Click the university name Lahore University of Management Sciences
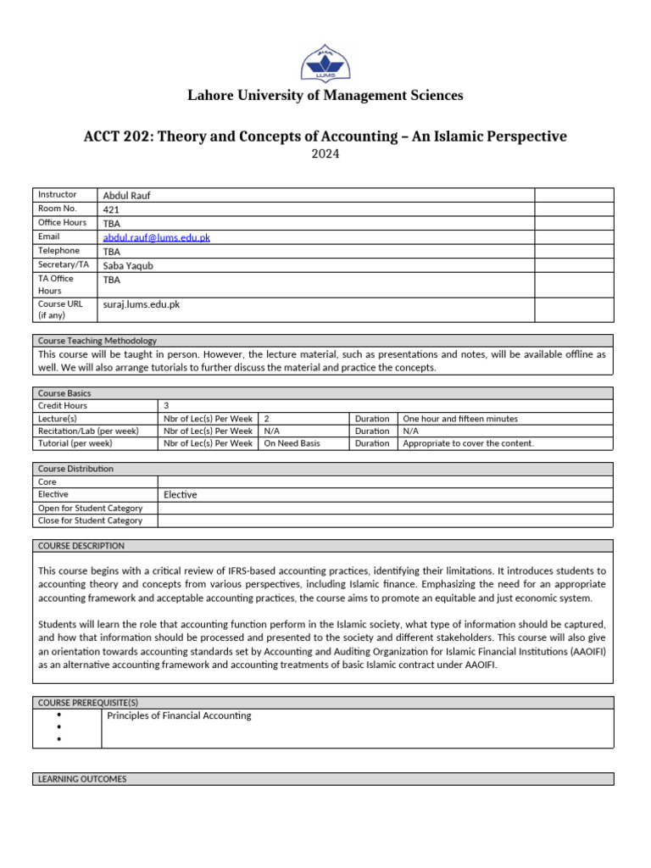[x=325, y=95]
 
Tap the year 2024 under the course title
[x=325, y=154]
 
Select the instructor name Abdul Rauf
[x=126, y=195]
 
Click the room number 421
[x=111, y=209]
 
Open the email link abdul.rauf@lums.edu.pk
[x=156, y=237]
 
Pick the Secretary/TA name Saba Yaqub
[x=130, y=265]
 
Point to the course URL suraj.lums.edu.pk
[x=141, y=304]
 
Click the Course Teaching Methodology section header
[x=97, y=340]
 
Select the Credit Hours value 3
[x=165, y=406]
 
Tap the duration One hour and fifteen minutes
[x=460, y=419]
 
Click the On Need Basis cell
[x=292, y=443]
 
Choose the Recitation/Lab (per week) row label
[x=88, y=431]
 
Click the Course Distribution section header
[x=75, y=469]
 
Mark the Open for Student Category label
[x=91, y=508]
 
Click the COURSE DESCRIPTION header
[x=81, y=546]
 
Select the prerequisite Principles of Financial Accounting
[x=179, y=715]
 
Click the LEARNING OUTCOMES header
[x=82, y=778]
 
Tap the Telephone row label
[x=58, y=251]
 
